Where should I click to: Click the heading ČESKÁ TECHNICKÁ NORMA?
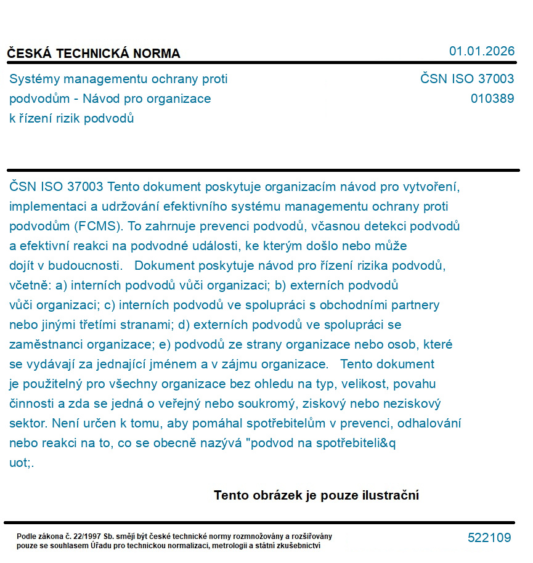[94, 54]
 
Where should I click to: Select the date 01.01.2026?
[481, 51]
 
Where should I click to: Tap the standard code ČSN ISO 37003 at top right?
[467, 79]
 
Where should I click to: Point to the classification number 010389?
[492, 99]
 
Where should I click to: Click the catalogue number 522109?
[489, 538]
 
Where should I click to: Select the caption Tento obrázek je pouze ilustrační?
[316, 495]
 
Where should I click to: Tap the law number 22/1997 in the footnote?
[92, 537]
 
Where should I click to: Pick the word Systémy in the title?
[31, 79]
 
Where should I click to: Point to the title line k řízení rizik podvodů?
[71, 118]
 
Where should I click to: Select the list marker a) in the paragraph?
[62, 285]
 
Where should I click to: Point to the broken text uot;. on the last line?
[22, 463]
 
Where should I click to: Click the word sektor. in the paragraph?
[29, 423]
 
